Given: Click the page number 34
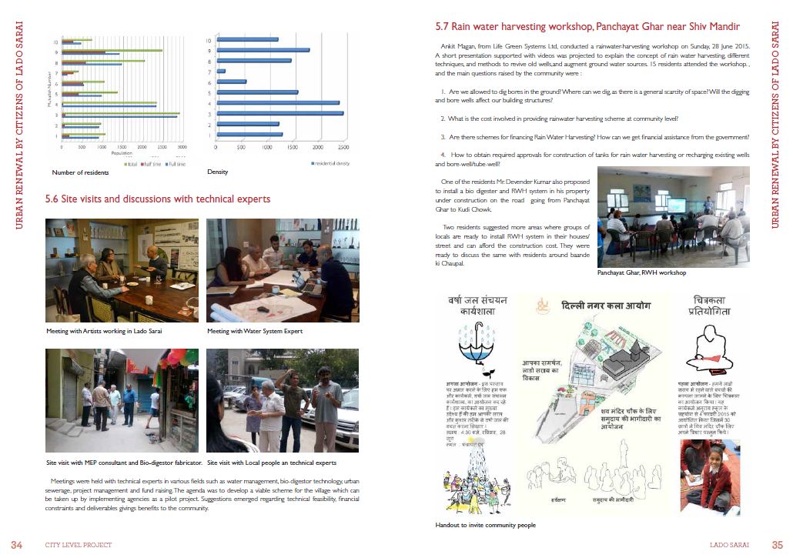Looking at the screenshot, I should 17,545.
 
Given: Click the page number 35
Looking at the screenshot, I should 777,545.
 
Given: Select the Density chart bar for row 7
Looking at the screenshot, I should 221,71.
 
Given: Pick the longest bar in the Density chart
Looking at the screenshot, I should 279,112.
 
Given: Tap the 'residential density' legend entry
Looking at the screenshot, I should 333,163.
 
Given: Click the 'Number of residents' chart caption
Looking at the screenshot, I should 80,172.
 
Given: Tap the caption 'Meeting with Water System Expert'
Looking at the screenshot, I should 255,331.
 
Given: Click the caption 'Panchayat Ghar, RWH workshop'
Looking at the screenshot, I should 641,272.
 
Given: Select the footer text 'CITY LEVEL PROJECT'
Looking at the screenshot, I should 78,545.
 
